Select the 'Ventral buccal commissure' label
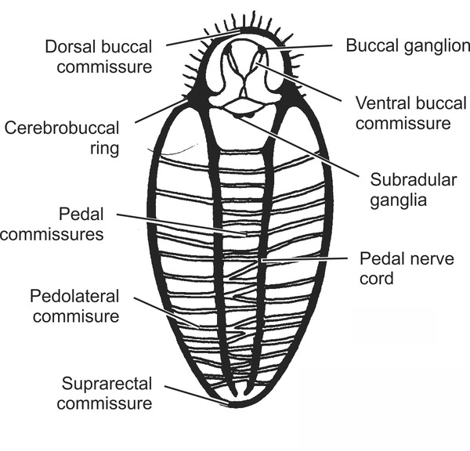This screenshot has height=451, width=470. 403,113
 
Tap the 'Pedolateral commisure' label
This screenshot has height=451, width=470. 74,306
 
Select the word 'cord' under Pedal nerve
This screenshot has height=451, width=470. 375,277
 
